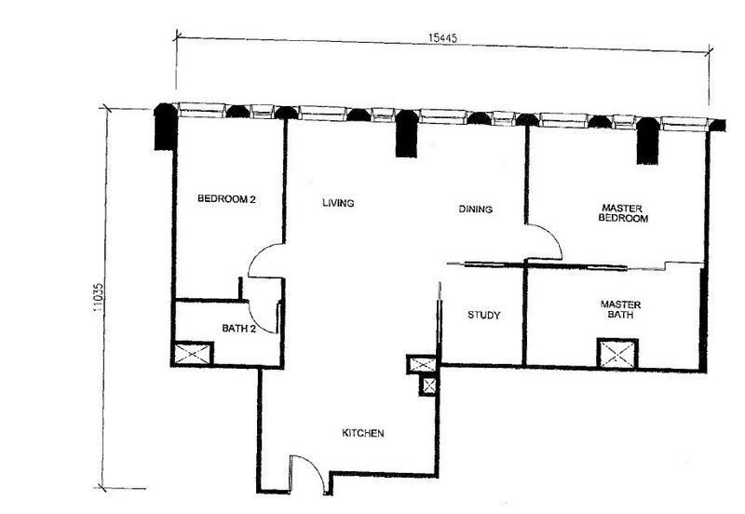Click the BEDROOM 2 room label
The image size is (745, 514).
click(x=226, y=198)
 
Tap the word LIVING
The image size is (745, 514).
click(x=339, y=203)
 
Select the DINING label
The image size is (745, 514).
click(x=475, y=210)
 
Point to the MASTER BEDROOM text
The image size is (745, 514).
click(x=623, y=213)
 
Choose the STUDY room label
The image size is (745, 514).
click(x=483, y=316)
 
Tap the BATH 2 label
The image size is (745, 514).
click(x=238, y=328)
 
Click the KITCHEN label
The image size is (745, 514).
click(x=362, y=434)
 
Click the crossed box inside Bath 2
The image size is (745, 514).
click(x=193, y=354)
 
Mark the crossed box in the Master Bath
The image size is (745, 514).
click(x=617, y=354)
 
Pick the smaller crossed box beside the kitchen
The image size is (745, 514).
click(x=428, y=385)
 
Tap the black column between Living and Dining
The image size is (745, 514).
click(x=407, y=133)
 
